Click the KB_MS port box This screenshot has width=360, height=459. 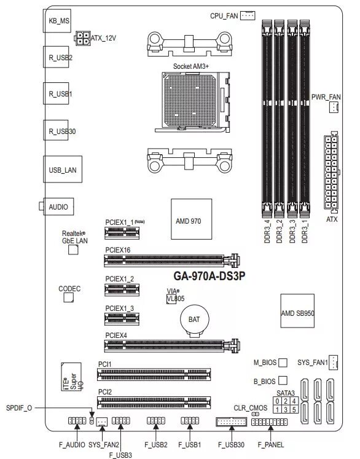click(x=60, y=21)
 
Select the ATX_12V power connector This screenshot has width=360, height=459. click(x=82, y=38)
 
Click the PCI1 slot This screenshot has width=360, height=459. click(x=154, y=374)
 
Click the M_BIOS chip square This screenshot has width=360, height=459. click(x=283, y=363)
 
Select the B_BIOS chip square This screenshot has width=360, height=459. click(x=283, y=382)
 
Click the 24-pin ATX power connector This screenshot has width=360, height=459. click(x=331, y=172)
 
